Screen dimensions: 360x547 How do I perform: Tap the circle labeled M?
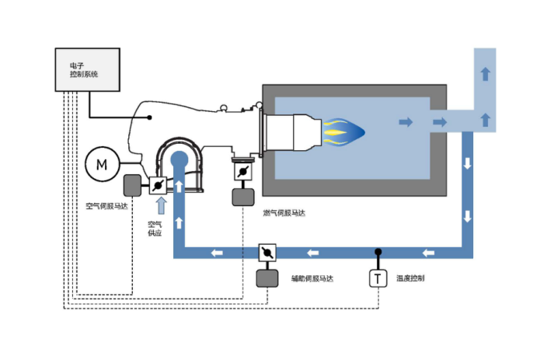pos(102,163)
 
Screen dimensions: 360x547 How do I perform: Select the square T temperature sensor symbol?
pos(378,278)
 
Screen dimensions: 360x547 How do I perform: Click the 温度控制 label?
pos(410,278)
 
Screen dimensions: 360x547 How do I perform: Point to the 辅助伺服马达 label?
pos(312,278)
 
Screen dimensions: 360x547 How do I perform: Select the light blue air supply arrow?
pos(162,205)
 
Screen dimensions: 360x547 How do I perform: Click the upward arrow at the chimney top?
pos(486,74)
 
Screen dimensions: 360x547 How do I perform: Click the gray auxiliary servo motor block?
pos(268,278)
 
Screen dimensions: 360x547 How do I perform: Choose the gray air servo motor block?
pos(133,185)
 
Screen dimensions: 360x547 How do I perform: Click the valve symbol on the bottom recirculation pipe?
pos(268,253)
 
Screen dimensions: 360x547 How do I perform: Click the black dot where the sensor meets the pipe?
pos(378,252)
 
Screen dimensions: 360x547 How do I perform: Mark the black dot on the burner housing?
pos(150,118)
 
